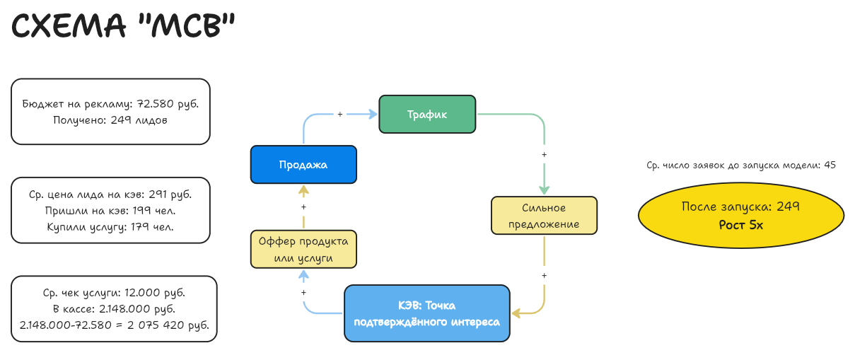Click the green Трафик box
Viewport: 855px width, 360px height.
pyautogui.click(x=427, y=114)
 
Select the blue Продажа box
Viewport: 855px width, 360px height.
pyautogui.click(x=303, y=164)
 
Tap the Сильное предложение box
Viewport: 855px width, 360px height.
pyautogui.click(x=544, y=216)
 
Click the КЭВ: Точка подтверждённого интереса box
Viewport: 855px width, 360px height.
pyautogui.click(x=426, y=313)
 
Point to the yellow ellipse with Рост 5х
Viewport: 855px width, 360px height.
pyautogui.click(x=740, y=216)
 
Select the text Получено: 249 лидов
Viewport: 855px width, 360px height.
pyautogui.click(x=110, y=120)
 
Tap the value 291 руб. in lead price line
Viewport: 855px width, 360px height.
pyautogui.click(x=169, y=194)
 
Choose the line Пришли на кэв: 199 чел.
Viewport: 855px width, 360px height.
pyautogui.click(x=110, y=210)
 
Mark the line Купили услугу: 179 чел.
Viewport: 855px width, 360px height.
pyautogui.click(x=110, y=227)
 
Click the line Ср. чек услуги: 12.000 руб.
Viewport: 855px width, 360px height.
pyautogui.click(x=114, y=292)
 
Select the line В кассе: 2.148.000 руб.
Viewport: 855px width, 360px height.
pyautogui.click(x=114, y=309)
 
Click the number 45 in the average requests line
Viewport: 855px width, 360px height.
pyautogui.click(x=830, y=165)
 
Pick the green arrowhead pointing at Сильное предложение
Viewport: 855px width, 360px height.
pyautogui.click(x=544, y=189)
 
